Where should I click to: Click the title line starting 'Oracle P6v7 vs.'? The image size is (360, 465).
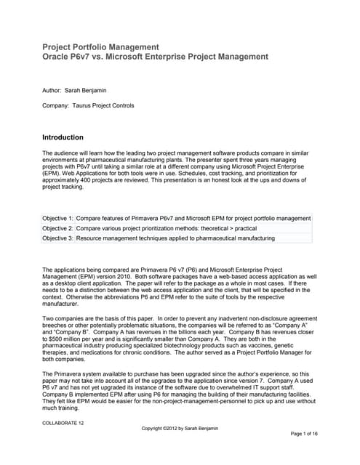(155, 57)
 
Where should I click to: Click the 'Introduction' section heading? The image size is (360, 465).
(63, 137)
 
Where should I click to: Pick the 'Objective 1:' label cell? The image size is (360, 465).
(58, 218)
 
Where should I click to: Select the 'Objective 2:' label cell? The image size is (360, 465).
(58, 228)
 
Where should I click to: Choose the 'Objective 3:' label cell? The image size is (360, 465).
(58, 238)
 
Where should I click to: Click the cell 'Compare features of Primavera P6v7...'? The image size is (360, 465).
(193, 218)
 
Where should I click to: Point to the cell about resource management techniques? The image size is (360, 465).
(175, 238)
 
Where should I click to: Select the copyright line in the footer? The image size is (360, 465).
(179, 428)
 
